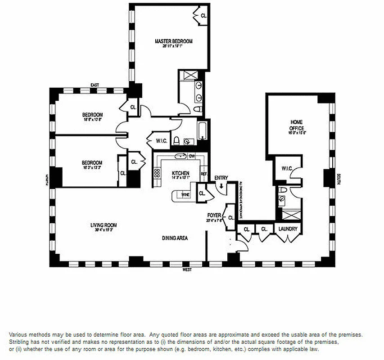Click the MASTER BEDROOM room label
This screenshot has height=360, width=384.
[x=173, y=41]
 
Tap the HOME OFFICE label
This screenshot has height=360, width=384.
[x=296, y=125]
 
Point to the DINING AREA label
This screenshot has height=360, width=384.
[x=175, y=238]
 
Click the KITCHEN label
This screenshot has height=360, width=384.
[x=181, y=173]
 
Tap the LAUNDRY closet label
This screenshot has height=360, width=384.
[x=288, y=229]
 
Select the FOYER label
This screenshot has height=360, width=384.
[x=214, y=215]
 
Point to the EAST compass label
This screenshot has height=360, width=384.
[x=95, y=85]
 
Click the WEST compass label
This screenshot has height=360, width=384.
[x=187, y=270]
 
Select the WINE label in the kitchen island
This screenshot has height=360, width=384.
[x=185, y=194]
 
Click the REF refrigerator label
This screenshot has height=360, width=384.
[x=203, y=174]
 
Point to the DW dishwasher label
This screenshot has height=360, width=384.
[x=191, y=156]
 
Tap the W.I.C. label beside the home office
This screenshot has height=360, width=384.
[x=287, y=169]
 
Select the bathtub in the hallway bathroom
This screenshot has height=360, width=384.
[x=203, y=130]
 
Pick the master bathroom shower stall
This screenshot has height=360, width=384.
[x=186, y=75]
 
